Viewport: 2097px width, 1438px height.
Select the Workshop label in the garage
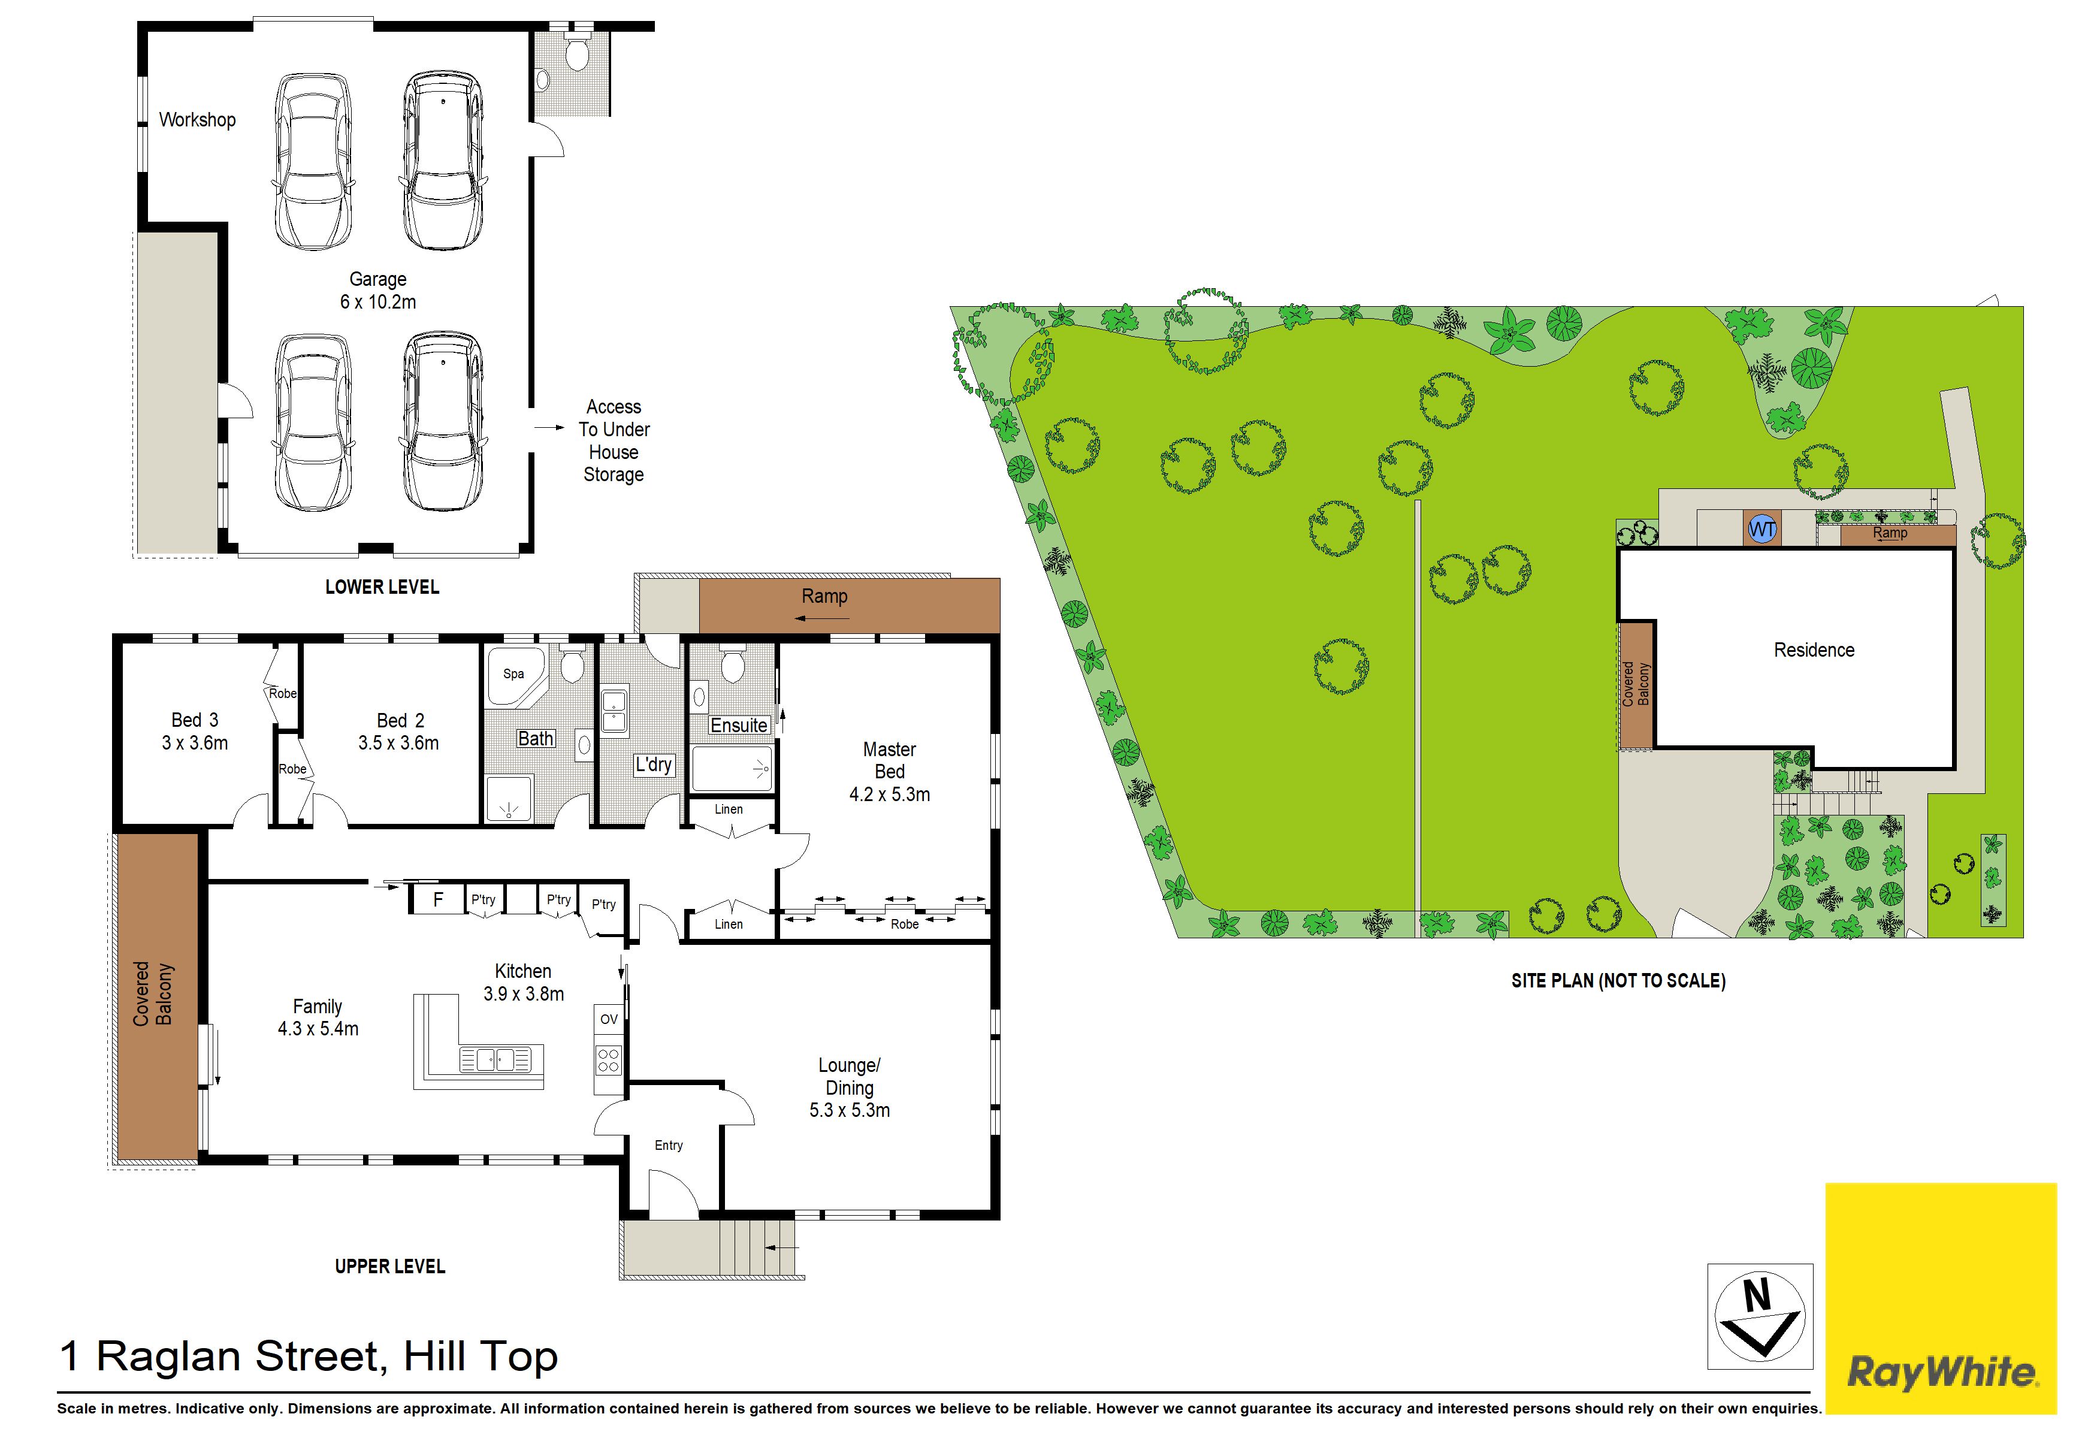pyautogui.click(x=198, y=120)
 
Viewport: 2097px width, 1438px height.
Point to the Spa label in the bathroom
pyautogui.click(x=513, y=674)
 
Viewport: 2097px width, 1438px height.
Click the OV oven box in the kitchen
pyautogui.click(x=609, y=1019)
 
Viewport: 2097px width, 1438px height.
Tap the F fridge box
pyautogui.click(x=439, y=899)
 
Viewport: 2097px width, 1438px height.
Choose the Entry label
pyautogui.click(x=669, y=1145)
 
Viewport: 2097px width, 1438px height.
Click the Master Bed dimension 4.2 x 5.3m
pyautogui.click(x=890, y=794)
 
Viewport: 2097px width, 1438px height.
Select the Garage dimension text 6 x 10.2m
pyautogui.click(x=378, y=302)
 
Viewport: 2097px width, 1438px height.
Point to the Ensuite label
pyautogui.click(x=739, y=726)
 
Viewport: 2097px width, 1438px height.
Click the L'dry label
pyautogui.click(x=653, y=765)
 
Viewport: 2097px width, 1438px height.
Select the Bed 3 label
pyautogui.click(x=195, y=720)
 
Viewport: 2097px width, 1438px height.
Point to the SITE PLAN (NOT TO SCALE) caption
pyautogui.click(x=1619, y=981)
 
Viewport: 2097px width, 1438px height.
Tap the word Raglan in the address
pyautogui.click(x=170, y=1357)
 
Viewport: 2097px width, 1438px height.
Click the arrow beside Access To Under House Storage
pyautogui.click(x=549, y=428)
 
